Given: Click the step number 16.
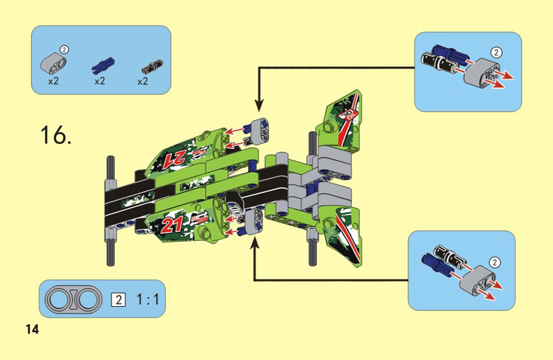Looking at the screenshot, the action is [56, 135].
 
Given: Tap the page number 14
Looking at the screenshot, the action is [32, 330].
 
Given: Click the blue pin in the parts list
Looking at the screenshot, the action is [102, 65].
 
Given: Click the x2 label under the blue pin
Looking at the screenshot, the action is [100, 81].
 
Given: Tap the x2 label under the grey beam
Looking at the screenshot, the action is [53, 81].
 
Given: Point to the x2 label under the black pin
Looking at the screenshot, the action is [143, 82].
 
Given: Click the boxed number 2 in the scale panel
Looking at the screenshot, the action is [118, 299].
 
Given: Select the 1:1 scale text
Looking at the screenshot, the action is [148, 299].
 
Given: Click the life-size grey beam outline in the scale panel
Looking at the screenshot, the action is [74, 299].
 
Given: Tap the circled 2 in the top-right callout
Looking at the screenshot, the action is [496, 53].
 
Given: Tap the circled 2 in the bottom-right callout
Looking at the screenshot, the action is [495, 263].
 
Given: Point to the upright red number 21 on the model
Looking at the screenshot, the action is [172, 224].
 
